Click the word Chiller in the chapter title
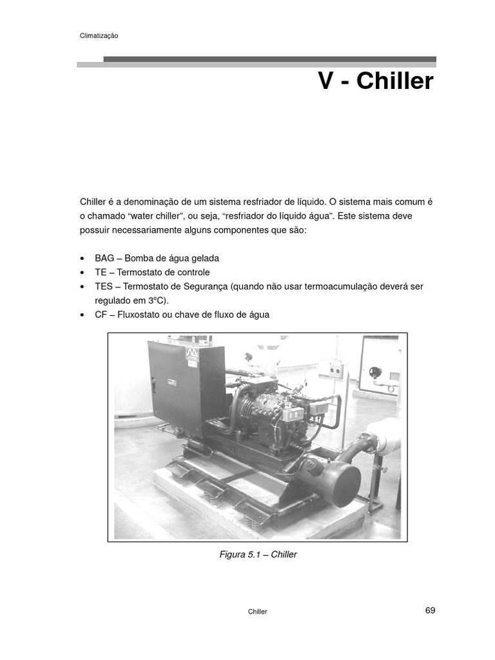[395, 82]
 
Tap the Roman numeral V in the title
[327, 82]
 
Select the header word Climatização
[99, 36]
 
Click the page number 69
[430, 610]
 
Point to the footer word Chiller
[257, 612]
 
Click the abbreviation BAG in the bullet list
[104, 258]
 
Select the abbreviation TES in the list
[103, 286]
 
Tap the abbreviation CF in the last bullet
[101, 315]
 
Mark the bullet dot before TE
[82, 273]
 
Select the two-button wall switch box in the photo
[335, 370]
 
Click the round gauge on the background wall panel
[375, 372]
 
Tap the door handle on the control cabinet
[154, 386]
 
